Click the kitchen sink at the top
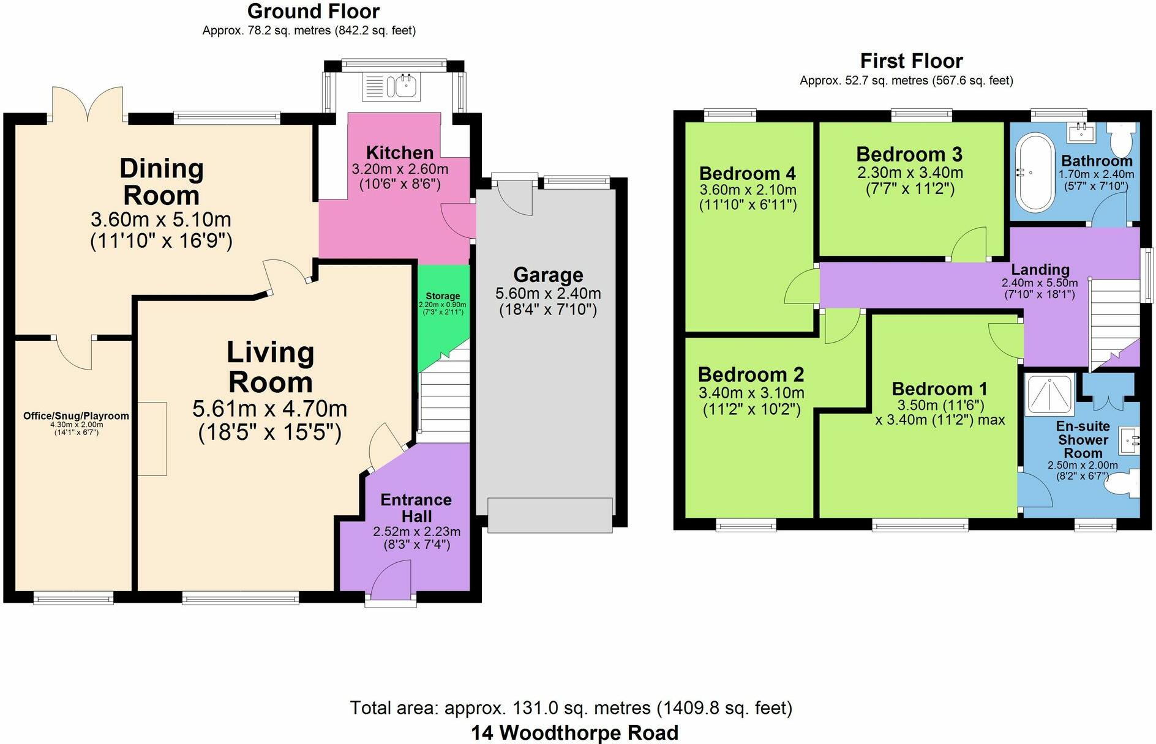[391, 86]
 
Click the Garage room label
[548, 275]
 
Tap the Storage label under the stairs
[443, 296]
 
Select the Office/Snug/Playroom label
[76, 416]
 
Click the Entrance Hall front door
[391, 581]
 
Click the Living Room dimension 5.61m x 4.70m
[270, 408]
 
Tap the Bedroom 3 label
[909, 154]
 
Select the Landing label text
[1040, 269]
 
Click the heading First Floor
[911, 61]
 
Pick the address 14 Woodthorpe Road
[574, 732]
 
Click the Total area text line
[571, 708]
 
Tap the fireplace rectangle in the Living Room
[151, 439]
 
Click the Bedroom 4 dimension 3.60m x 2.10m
[748, 190]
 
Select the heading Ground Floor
[313, 11]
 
